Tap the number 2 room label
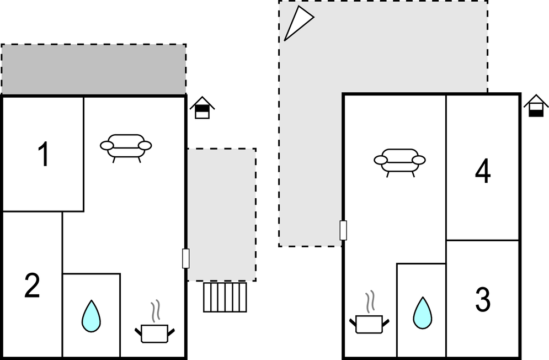tap(32, 286)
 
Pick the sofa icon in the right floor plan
tap(399, 161)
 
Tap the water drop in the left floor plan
tap(90, 316)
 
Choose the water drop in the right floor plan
tap(422, 313)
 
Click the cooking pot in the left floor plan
tap(154, 333)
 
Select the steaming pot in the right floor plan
tap(369, 323)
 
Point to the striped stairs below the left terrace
tap(225, 297)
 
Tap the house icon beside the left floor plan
tap(202, 108)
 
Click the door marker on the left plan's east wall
tap(185, 258)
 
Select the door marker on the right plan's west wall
tap(343, 230)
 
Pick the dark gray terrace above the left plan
tap(93, 70)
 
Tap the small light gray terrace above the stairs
tap(221, 214)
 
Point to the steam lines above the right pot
tap(370, 301)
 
